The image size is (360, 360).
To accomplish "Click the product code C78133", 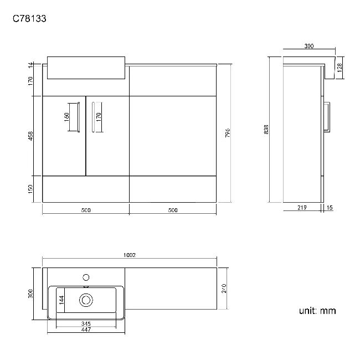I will (29, 18).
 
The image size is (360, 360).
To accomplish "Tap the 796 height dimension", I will (228, 133).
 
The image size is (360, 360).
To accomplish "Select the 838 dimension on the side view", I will (266, 130).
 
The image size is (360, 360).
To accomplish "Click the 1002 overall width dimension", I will (130, 255).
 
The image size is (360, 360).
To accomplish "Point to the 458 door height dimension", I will (32, 135).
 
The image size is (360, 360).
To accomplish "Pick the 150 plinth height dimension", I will (32, 189).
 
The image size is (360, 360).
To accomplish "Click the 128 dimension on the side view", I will (339, 67).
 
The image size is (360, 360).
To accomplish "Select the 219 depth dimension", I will (302, 208).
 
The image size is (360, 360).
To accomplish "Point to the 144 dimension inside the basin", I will (62, 300).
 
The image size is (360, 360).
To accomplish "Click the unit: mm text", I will (317, 311).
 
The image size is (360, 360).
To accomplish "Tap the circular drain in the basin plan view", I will (86, 300).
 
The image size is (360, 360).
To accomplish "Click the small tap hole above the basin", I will (86, 276).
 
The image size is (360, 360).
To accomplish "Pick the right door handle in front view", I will (92, 117).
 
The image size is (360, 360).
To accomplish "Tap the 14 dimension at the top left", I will (32, 65).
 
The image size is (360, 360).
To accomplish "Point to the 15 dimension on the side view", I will (330, 208).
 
